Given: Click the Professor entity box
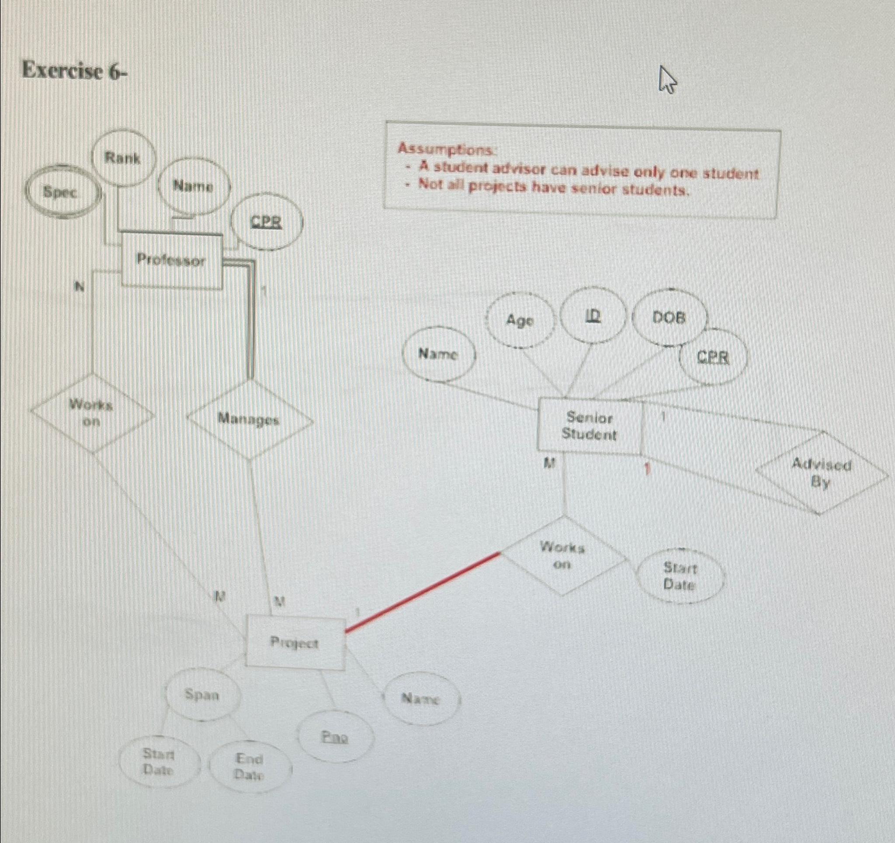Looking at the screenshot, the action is click(x=171, y=260).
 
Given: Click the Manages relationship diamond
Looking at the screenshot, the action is click(x=249, y=420).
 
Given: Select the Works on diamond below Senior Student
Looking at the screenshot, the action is click(x=563, y=556).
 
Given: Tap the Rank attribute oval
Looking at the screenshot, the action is click(x=123, y=158).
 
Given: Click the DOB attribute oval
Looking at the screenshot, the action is click(x=669, y=318).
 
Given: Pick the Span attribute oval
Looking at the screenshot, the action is click(x=202, y=695).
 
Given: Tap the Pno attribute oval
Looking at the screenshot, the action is click(x=335, y=737).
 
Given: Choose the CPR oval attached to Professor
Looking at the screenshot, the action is click(x=267, y=222).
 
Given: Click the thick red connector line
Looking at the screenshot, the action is click(x=423, y=592).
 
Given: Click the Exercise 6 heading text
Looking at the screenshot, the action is click(x=75, y=72).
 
